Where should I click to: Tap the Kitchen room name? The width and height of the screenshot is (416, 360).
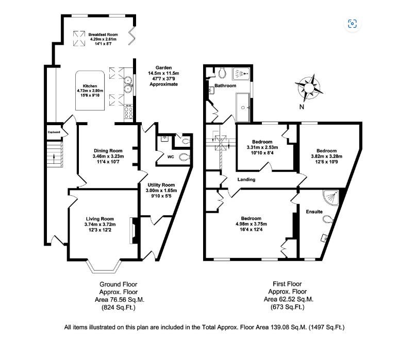90,86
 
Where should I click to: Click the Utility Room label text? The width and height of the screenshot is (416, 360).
160,185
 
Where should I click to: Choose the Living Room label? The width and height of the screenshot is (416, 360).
100,218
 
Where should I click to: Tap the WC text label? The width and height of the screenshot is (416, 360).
171,157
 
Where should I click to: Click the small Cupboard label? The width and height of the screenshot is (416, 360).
54,132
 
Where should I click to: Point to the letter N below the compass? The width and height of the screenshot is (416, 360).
301,107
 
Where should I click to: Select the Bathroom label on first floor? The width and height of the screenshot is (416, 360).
225,84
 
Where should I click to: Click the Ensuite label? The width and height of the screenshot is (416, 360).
314,212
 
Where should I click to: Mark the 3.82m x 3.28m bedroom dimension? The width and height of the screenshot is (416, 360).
326,157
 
